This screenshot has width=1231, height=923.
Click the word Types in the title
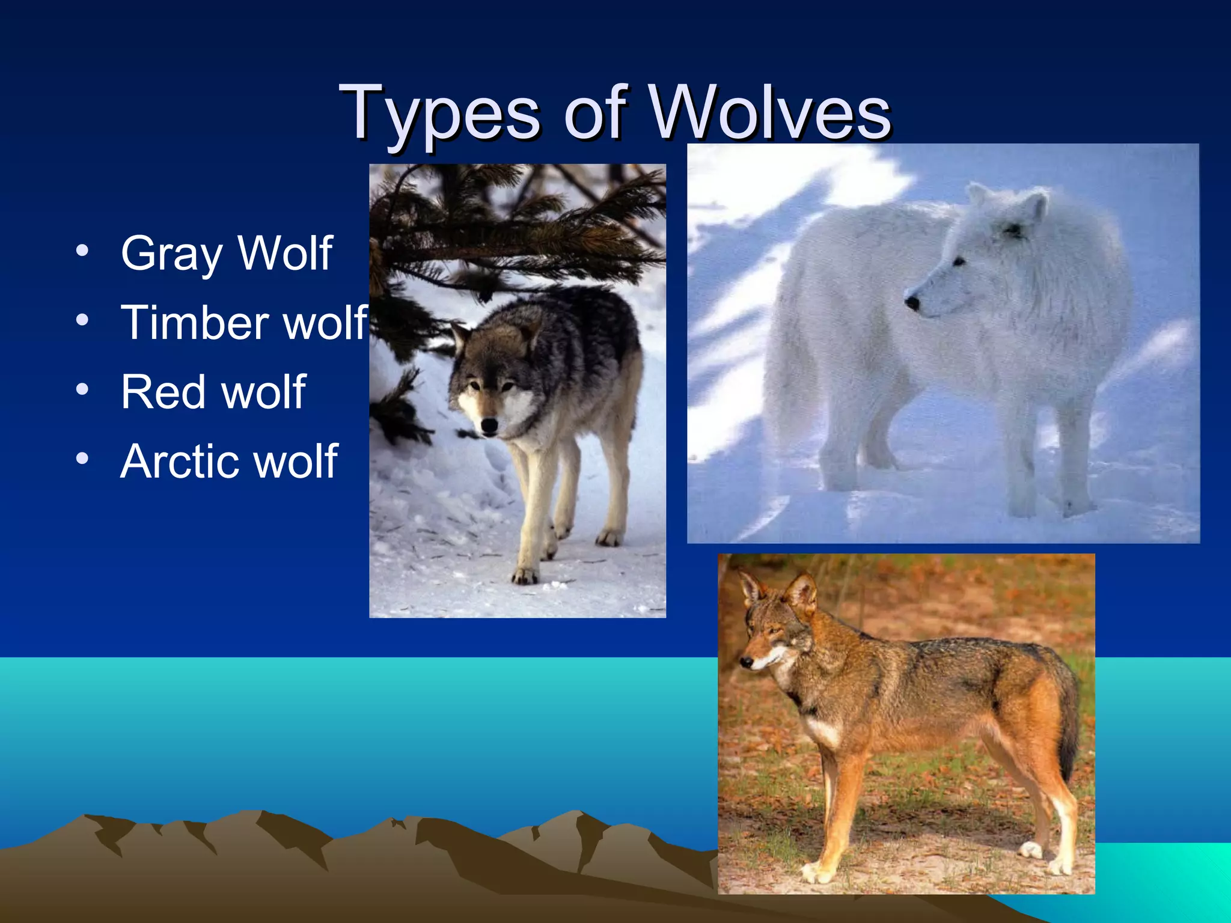click(439, 114)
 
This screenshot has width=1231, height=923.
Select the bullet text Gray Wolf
click(226, 254)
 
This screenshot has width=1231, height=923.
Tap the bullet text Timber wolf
click(243, 323)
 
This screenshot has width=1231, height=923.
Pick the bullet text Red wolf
click(213, 392)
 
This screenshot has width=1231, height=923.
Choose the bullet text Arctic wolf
click(229, 461)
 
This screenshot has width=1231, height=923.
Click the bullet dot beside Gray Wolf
click(82, 250)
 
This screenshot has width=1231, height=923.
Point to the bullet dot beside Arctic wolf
click(82, 458)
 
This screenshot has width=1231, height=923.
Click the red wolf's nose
click(746, 662)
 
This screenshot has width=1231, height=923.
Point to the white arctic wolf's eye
click(959, 262)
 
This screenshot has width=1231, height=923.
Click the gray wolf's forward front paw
click(524, 577)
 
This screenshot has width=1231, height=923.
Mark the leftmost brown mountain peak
click(90, 818)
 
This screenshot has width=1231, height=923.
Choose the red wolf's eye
click(771, 632)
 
